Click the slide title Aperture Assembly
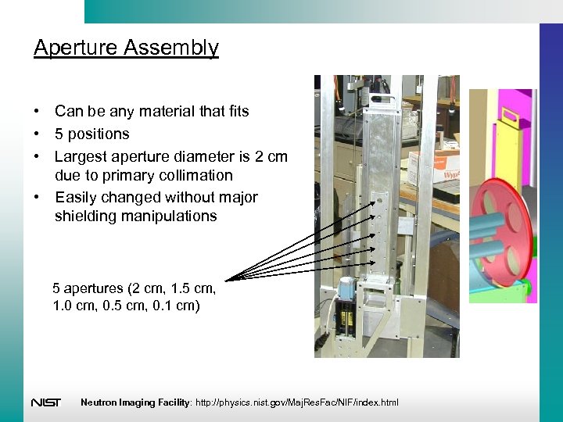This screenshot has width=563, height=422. click(126, 48)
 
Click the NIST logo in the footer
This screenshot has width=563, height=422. click(45, 402)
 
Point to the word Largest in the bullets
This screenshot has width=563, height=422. click(80, 156)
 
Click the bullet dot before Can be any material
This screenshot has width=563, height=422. click(38, 112)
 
